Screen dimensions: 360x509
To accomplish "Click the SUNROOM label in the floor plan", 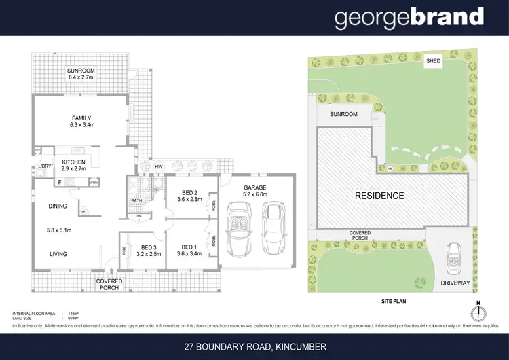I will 81,71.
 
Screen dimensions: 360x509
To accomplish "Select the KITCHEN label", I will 73,162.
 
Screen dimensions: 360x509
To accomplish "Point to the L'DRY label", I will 45,166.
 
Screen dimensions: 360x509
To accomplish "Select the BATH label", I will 136,200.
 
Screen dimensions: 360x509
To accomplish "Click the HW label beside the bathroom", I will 158,167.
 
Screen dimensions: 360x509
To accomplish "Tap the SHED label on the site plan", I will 433,60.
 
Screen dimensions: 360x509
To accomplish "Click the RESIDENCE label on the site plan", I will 380,196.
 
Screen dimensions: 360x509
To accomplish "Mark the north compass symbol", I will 478,313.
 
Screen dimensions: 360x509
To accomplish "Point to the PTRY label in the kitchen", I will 94,182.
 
